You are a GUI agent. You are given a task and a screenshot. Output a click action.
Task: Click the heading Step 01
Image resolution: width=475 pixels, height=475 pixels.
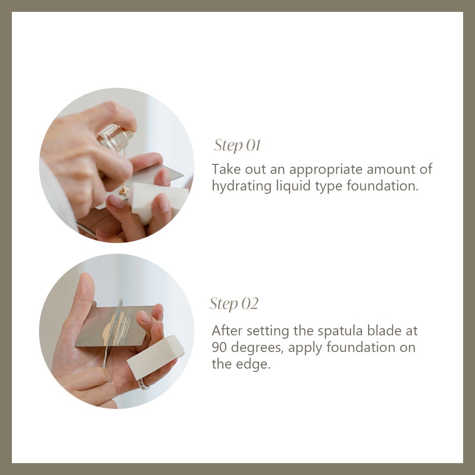click(x=237, y=145)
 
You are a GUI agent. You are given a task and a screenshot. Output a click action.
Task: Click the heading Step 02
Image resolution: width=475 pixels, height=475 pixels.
click(x=234, y=304)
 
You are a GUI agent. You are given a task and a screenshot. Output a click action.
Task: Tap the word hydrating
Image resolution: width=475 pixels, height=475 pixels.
click(x=241, y=186)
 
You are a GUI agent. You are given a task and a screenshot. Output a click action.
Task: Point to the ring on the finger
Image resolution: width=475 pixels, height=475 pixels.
click(x=143, y=384)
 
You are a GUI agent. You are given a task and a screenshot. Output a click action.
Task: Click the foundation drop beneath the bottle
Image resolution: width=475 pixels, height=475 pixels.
click(x=124, y=190)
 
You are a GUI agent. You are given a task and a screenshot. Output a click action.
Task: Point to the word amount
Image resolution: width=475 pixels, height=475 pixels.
click(x=390, y=169)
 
